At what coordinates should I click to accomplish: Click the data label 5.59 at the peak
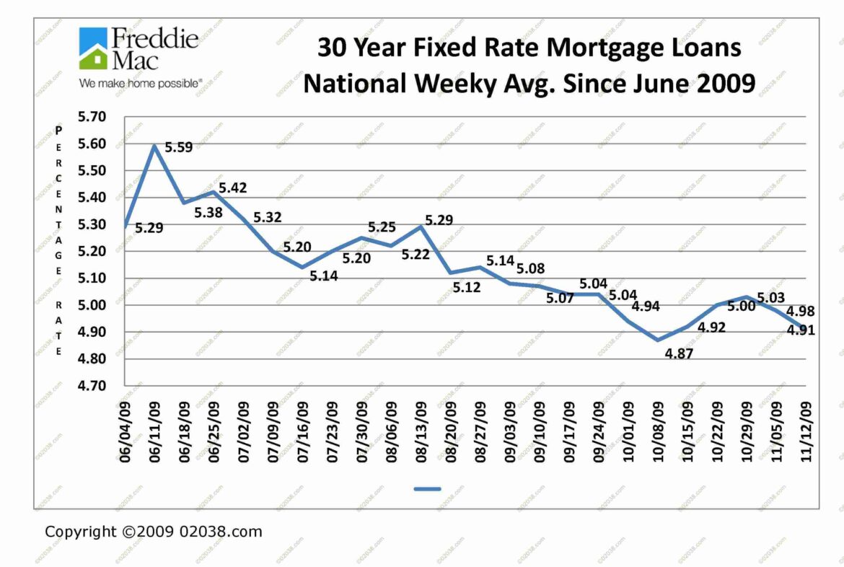179,148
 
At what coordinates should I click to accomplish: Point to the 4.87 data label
678,353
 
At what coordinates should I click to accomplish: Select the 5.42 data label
233,188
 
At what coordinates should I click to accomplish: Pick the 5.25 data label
382,227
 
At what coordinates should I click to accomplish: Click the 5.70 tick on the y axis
91,117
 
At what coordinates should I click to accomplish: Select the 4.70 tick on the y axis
91,386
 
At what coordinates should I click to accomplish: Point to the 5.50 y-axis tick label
91,171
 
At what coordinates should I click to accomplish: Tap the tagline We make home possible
140,84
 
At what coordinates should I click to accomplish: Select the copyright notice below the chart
154,532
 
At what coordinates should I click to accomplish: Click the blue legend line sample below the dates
427,489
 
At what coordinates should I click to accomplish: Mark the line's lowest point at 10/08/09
656,340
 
